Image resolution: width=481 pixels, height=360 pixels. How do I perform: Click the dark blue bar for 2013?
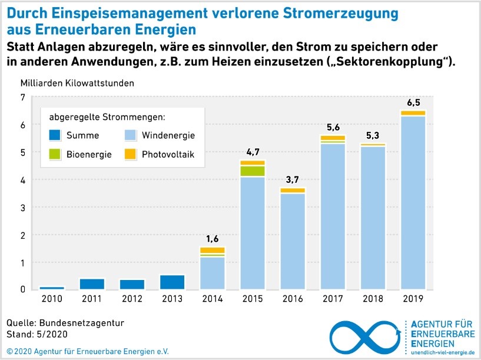point(173,282)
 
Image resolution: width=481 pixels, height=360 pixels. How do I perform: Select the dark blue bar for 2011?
point(92,284)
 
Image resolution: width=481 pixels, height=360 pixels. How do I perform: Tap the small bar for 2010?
point(52,288)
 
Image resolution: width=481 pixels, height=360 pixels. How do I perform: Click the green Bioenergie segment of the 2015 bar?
point(252,171)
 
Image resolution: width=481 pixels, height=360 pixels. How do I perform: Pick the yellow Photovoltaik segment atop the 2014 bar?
point(213,251)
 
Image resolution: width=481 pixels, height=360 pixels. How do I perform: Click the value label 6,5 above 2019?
point(413,102)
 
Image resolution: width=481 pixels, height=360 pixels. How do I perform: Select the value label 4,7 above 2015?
point(253,152)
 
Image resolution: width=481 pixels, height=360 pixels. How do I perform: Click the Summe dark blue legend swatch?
point(55,135)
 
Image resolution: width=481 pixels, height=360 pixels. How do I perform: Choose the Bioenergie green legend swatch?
point(55,155)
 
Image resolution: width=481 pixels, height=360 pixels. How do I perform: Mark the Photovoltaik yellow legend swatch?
point(130,155)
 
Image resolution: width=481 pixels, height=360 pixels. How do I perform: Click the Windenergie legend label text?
point(168,135)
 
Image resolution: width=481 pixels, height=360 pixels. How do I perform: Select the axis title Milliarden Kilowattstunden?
point(77,83)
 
